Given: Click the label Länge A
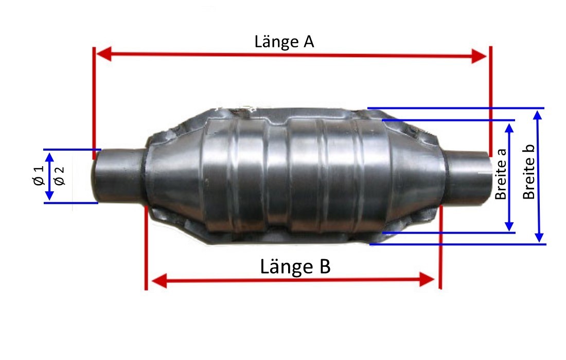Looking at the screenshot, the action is click(284, 42).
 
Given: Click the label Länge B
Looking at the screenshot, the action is click(295, 267).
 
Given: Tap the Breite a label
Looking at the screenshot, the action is click(501, 174).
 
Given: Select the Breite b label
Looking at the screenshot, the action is click(529, 172).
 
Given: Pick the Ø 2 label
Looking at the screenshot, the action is click(59, 176).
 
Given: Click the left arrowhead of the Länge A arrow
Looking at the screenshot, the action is click(103, 53).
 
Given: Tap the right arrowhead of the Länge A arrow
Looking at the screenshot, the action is click(479, 56).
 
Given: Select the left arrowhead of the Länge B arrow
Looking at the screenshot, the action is click(159, 280).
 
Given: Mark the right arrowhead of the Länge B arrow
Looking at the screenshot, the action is click(427, 280).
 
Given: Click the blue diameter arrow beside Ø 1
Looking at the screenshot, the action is click(49, 176).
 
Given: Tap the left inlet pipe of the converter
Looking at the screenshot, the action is click(120, 176).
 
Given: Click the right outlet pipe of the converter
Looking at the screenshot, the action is click(467, 177).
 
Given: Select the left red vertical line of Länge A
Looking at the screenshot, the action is click(94, 103).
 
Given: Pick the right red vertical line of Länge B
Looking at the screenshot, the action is click(440, 247).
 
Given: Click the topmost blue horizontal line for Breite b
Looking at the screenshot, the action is click(456, 108).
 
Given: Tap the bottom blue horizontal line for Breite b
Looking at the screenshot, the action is click(458, 244).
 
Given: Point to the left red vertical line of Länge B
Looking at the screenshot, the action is click(146, 247).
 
